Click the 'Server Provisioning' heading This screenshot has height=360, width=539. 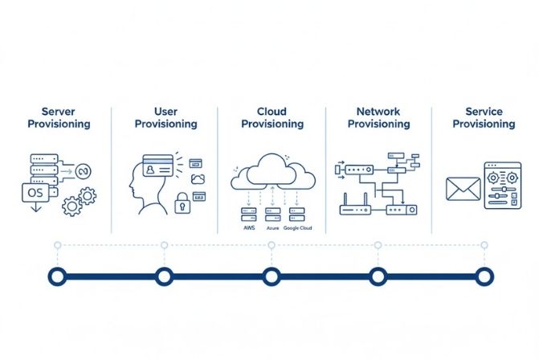[59, 117]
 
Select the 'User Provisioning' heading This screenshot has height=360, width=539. [165, 117]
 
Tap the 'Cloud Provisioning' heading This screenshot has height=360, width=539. [272, 117]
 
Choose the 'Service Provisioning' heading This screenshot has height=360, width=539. [484, 117]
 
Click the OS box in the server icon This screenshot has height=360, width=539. [37, 193]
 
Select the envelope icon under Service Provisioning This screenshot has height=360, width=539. [463, 190]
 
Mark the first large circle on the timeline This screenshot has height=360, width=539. [57, 276]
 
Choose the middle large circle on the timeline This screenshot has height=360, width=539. [272, 276]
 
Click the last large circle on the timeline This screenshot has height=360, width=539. [484, 276]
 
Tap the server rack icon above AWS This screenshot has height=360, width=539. [248, 214]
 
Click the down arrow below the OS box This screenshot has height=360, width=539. [34, 208]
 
